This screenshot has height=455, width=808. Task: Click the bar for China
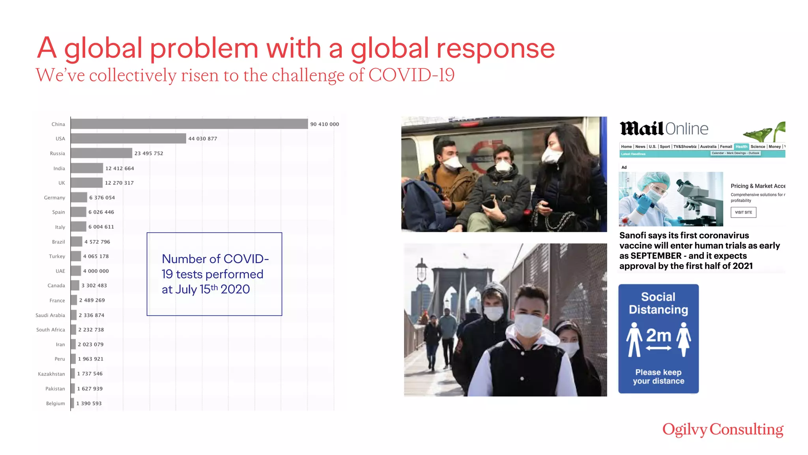(189, 124)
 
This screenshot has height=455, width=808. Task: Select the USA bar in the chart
(128, 139)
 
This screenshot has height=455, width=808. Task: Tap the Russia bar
(101, 153)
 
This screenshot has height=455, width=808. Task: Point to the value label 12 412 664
(120, 168)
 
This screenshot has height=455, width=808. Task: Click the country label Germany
(54, 197)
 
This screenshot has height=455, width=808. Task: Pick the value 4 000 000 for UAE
(96, 271)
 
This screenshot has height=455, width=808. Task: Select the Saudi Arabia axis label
(50, 315)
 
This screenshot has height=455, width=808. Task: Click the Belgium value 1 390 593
(89, 403)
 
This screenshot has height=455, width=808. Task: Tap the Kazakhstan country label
(51, 374)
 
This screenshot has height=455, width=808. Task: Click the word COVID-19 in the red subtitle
(411, 75)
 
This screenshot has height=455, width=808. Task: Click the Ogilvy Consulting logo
(723, 430)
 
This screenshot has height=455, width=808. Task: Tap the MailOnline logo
(664, 129)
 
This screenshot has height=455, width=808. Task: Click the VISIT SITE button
(743, 212)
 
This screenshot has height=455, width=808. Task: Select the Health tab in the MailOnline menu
(741, 147)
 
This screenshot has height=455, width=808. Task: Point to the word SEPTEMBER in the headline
(656, 256)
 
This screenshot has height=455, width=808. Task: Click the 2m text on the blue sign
(658, 336)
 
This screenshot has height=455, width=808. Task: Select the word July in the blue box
(186, 290)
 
